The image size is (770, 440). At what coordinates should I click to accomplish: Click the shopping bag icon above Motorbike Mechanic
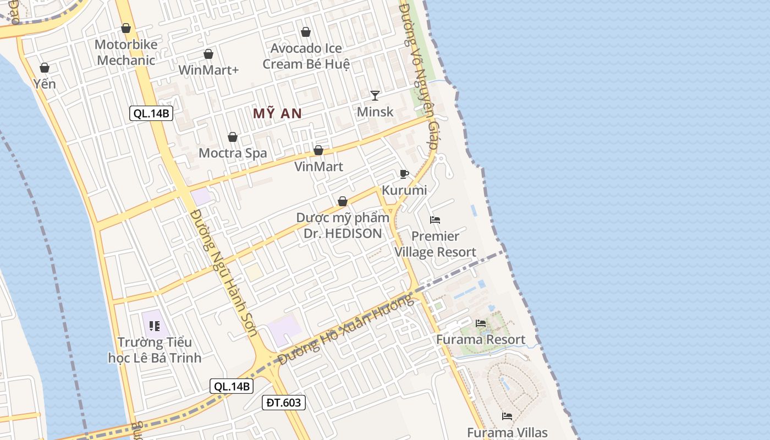[x=126, y=28]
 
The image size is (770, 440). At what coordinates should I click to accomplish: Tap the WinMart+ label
[x=208, y=70]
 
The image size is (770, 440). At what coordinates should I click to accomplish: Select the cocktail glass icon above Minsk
[x=375, y=96]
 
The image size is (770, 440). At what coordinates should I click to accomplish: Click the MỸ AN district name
[x=277, y=114]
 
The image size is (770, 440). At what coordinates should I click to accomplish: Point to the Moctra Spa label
[x=233, y=153]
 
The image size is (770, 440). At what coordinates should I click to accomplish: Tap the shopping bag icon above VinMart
[x=318, y=150]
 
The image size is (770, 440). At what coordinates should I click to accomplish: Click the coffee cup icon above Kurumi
[x=404, y=174]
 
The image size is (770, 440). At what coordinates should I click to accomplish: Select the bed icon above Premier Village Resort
[x=435, y=220]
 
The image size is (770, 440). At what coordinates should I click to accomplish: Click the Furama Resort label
[x=481, y=339]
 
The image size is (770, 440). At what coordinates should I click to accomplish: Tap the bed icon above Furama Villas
[x=507, y=416]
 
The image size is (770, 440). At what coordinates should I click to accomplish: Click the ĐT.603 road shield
[x=284, y=403]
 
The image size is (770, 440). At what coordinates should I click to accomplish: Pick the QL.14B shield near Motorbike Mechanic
[x=151, y=114]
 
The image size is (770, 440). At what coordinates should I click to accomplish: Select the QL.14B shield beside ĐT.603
[x=232, y=386]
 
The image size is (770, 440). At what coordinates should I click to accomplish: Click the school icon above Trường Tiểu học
[x=155, y=326]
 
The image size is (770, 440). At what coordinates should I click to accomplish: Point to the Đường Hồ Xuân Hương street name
[x=345, y=330]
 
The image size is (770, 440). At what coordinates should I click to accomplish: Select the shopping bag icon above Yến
[x=45, y=68]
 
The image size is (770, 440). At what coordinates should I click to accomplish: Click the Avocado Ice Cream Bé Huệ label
[x=306, y=56]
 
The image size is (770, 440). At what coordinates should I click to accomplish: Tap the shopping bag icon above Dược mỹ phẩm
[x=343, y=201]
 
